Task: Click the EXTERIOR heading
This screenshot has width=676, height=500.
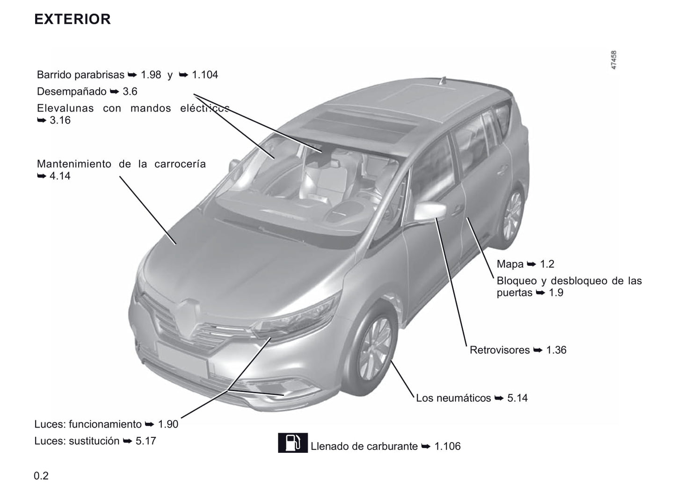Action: [x=73, y=19]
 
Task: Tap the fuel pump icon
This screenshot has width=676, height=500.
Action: [x=292, y=443]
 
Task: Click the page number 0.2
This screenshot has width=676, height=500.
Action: [x=41, y=476]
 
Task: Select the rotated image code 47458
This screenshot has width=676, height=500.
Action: [x=613, y=60]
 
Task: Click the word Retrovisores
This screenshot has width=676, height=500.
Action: [x=500, y=350]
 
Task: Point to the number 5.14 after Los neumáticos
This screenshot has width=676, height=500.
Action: [x=517, y=398]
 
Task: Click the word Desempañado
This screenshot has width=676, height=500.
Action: [x=72, y=91]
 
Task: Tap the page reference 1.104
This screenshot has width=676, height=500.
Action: [x=205, y=75]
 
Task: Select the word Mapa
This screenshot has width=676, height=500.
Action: [x=510, y=264]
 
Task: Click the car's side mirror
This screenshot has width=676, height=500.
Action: [x=430, y=210]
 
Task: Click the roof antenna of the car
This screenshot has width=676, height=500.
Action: [x=443, y=81]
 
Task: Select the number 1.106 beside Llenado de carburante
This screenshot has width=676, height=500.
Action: [x=447, y=446]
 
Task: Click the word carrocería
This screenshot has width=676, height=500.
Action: [x=180, y=164]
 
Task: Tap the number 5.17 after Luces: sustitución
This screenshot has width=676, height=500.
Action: [x=145, y=441]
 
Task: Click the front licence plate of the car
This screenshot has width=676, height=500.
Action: [x=182, y=359]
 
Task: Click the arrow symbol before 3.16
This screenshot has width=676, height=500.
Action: [x=42, y=120]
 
